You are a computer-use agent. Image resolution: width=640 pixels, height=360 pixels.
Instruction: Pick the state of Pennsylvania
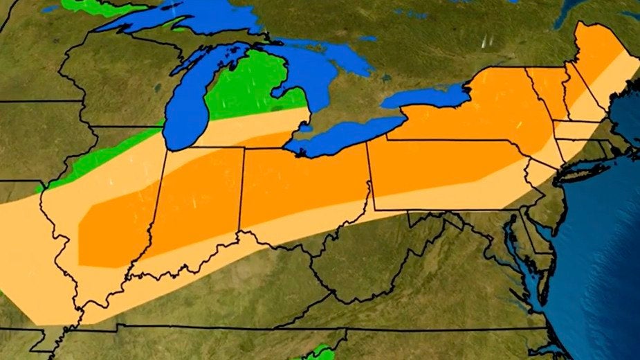443,173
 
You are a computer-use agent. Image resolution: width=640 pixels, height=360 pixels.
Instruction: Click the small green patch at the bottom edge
318,353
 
